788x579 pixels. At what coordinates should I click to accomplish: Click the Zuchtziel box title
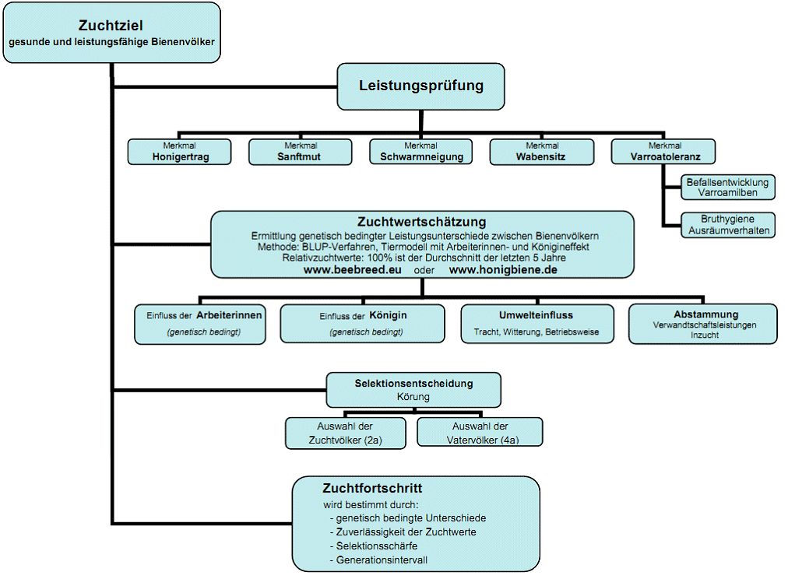click(x=111, y=26)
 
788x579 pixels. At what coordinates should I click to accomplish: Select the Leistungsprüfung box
click(x=420, y=86)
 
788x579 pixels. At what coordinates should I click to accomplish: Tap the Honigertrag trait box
click(x=179, y=152)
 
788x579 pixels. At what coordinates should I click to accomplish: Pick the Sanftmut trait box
click(x=300, y=152)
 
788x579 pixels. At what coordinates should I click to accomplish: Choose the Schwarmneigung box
click(x=420, y=152)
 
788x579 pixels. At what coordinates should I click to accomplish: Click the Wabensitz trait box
click(x=542, y=152)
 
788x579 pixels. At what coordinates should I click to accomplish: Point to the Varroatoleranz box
click(x=663, y=152)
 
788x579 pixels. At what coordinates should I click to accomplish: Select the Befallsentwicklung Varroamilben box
click(x=728, y=188)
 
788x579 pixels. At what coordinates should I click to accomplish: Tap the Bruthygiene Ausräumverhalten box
click(x=728, y=225)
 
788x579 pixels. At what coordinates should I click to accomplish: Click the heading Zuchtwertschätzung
click(x=421, y=222)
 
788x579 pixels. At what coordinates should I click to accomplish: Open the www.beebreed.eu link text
click(x=352, y=270)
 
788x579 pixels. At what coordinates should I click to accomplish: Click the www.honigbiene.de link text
click(x=503, y=270)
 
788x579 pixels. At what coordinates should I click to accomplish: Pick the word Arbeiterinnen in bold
click(x=229, y=315)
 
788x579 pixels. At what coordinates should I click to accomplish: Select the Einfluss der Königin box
click(x=362, y=324)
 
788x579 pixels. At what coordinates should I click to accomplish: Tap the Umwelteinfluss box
click(x=537, y=324)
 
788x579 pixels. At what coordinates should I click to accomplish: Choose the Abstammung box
click(x=702, y=324)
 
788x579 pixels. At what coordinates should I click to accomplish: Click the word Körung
click(x=413, y=397)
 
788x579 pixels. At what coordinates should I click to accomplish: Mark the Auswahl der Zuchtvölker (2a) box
click(x=345, y=433)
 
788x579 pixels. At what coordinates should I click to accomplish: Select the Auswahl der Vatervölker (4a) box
click(x=480, y=432)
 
